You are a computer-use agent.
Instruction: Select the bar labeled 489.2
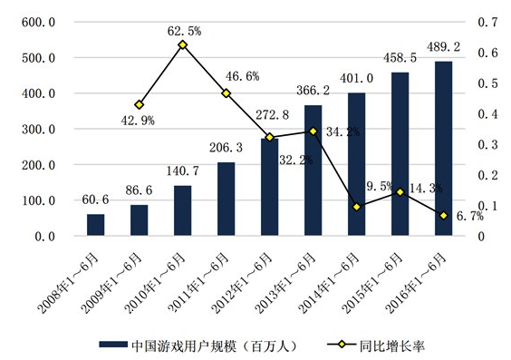pos(443,150)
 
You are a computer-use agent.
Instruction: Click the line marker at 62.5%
pos(183,44)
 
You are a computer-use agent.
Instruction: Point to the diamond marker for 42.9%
pos(140,105)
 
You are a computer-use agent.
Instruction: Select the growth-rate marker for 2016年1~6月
pos(443,216)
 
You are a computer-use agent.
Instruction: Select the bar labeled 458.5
pos(400,155)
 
